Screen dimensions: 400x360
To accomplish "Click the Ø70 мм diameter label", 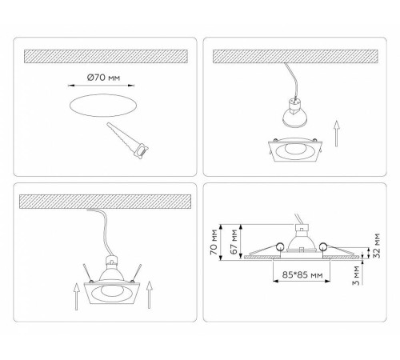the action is pos(103,78).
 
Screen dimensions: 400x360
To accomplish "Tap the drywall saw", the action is pos(127,141).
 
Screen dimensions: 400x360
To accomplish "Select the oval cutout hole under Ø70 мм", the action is pos(103,105).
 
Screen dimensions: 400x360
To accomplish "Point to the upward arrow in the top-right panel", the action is pos(337,134).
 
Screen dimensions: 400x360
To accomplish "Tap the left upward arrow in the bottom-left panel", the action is pos(77,297).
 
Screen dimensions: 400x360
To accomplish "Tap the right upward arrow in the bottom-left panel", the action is pos(150,295).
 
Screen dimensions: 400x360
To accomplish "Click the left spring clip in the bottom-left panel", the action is pos(87,273).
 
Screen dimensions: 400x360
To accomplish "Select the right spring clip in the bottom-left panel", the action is pos(136,273).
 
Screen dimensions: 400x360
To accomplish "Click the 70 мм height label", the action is pos(214,242).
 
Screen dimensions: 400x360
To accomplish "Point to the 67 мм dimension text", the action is pos(234,242).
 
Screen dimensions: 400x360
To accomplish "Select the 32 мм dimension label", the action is pos(377,246).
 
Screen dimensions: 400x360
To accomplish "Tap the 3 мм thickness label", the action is pos(356,275).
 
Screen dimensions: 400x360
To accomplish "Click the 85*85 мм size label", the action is pos(302,274).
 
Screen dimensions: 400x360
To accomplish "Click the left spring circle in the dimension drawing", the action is pos(280,246).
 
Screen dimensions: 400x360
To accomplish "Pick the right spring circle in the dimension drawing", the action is pos(323,246).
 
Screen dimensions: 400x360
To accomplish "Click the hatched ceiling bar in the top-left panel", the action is pos(106,56).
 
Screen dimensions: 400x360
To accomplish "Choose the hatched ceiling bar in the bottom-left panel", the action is pos(105,202).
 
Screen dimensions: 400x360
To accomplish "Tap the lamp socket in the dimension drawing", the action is pos(302,228).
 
